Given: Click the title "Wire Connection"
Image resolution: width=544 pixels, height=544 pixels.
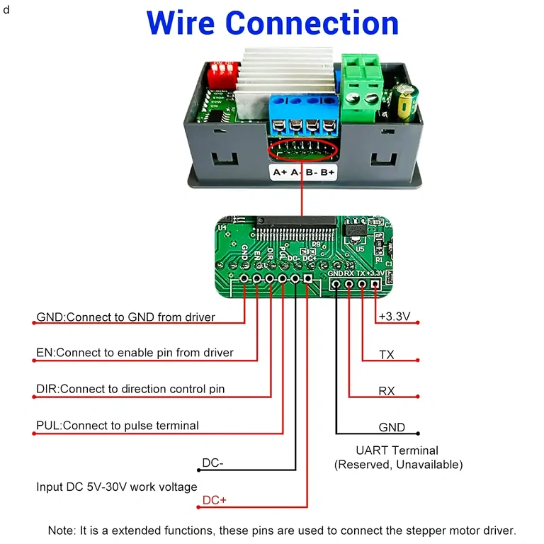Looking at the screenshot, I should pos(273,23).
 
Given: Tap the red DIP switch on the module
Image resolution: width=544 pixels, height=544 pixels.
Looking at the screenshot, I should pos(224,70).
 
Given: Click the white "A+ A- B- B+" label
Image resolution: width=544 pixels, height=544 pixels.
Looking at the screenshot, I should pos(303,172).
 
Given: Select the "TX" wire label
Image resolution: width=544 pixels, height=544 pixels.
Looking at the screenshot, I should pos(387,355).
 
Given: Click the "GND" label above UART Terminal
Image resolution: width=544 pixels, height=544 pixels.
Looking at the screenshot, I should pos(392,428).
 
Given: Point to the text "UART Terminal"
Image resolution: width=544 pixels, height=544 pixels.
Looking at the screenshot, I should pos(397,450).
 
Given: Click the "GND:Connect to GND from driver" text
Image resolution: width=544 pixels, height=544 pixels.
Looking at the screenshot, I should pos(125,317).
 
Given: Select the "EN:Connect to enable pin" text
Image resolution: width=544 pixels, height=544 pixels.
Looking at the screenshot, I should pos(135,353).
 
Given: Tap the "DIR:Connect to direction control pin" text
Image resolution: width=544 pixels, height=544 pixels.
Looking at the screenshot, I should pos(130,389).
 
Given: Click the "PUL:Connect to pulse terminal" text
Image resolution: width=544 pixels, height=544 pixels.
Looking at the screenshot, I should pos(117,426).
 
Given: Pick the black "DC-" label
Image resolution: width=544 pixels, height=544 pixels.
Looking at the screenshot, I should pos(213,463).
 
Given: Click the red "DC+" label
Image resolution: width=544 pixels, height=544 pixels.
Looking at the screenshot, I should pos(215,500).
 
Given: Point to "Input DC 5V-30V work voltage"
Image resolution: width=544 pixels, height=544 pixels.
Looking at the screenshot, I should pos(117,487).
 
